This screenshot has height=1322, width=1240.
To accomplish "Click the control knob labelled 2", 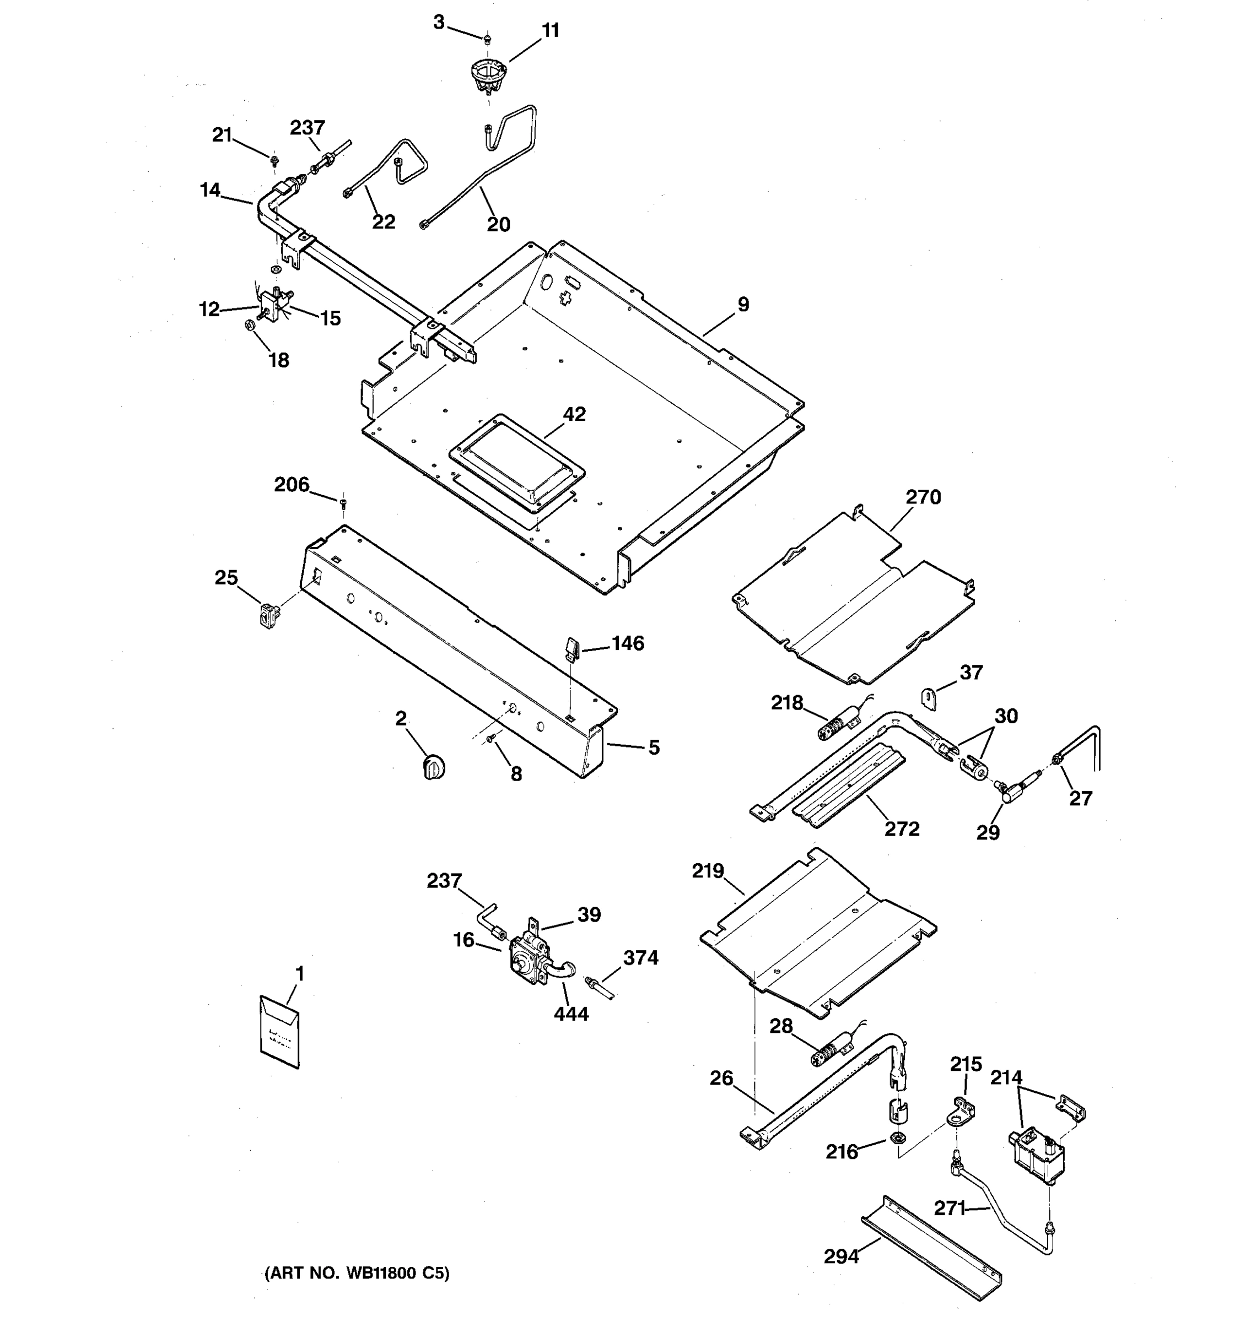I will tap(434, 767).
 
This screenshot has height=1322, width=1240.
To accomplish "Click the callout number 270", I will tap(923, 497).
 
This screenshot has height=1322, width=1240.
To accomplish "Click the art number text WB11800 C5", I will tap(357, 1274).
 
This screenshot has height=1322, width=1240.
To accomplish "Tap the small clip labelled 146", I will tap(573, 647).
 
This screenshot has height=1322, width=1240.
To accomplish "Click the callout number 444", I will tap(571, 1014).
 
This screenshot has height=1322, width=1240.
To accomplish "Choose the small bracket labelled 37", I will tap(929, 698).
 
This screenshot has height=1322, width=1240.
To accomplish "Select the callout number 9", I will tap(743, 305).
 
